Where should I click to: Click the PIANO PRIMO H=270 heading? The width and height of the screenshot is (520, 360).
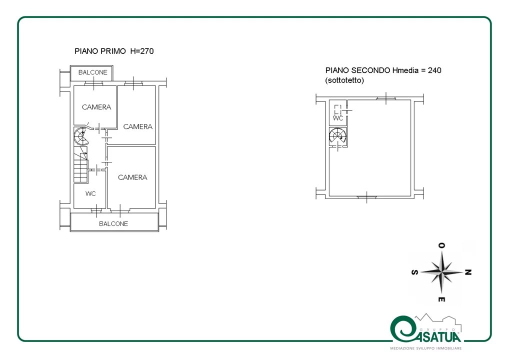coord(114,51)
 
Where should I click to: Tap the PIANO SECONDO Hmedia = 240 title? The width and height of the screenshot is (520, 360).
coord(383,70)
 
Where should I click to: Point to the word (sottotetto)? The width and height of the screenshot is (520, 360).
coord(344,80)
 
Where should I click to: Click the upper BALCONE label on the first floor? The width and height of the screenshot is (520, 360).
coord(93,72)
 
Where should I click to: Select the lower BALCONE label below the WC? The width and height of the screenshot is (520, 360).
coord(113,224)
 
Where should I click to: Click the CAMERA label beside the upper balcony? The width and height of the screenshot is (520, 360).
coord(96,107)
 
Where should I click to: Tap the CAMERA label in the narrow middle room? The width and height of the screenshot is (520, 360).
coord(138,126)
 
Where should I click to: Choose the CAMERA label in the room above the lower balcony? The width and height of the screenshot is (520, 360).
coord(132,177)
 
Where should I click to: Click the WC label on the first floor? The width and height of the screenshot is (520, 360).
coord(90,193)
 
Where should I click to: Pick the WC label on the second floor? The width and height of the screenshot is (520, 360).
coord(338,118)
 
